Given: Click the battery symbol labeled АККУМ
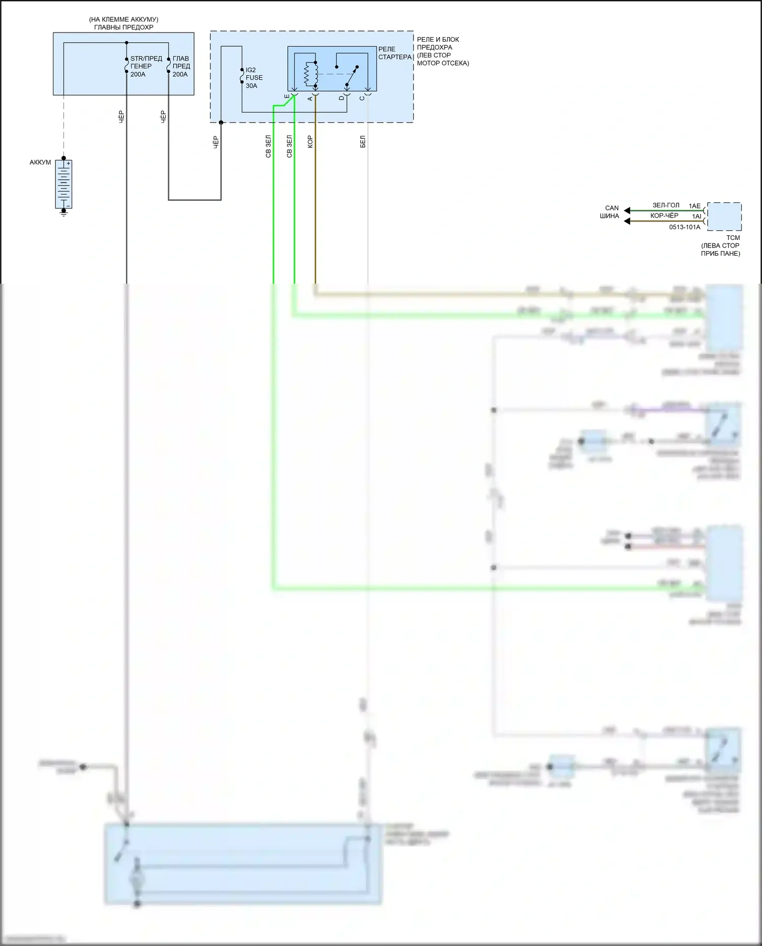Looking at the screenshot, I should click(63, 184).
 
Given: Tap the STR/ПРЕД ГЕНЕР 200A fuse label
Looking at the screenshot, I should click(146, 67).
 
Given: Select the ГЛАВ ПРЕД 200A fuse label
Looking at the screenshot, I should click(181, 67).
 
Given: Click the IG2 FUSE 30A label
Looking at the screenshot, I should click(254, 78).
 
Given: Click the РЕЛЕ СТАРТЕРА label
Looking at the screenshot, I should click(395, 53).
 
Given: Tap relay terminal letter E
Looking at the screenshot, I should click(287, 97).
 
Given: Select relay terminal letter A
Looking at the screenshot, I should click(310, 98).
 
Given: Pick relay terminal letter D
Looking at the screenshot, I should click(341, 98).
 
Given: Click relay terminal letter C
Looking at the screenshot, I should click(362, 98).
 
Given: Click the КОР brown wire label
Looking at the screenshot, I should click(310, 142).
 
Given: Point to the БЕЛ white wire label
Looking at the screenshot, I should click(363, 142).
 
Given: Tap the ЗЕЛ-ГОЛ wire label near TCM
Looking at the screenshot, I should click(665, 205).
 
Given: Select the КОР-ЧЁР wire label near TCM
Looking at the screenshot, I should click(664, 216).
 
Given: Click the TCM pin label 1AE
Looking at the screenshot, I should click(694, 206).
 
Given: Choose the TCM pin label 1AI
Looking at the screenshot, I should click(696, 217).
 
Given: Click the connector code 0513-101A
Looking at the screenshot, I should click(684, 227).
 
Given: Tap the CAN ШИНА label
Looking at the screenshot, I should click(611, 212).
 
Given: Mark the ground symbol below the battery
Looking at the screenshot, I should click(63, 213).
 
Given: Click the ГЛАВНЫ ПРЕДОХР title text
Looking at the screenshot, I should click(123, 27).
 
